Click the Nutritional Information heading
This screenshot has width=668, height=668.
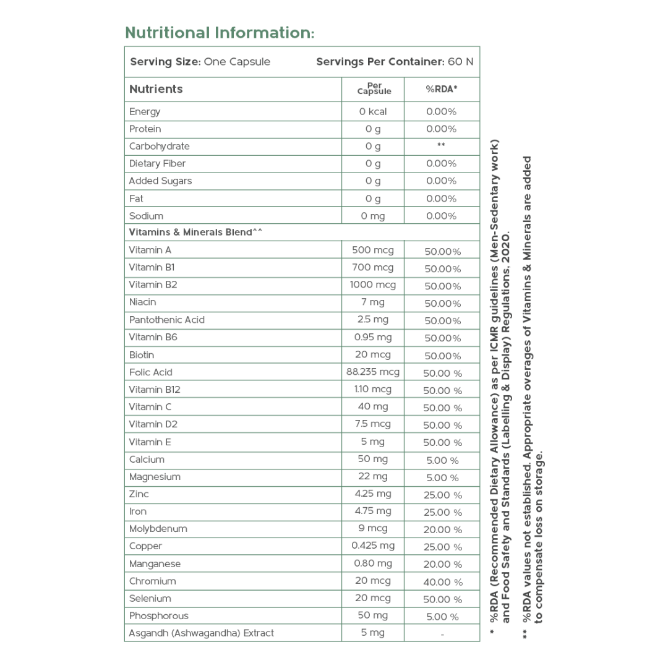click(220, 32)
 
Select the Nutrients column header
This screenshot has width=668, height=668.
click(156, 89)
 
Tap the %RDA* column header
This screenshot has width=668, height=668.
click(442, 89)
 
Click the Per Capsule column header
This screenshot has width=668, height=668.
click(374, 88)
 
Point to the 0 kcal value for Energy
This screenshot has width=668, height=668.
click(373, 111)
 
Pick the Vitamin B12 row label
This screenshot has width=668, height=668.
click(155, 390)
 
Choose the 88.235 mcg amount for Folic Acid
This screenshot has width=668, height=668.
click(373, 372)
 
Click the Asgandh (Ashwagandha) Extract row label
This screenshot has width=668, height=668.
click(201, 633)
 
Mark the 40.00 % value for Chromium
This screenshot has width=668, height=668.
click(443, 582)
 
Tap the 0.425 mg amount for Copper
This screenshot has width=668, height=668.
click(373, 546)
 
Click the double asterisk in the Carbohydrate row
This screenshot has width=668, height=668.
click(442, 146)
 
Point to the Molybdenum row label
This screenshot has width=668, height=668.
click(158, 529)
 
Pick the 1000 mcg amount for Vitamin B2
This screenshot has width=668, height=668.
click(373, 285)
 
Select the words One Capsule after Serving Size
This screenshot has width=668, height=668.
click(237, 62)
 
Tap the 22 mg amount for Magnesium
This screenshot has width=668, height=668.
click(373, 476)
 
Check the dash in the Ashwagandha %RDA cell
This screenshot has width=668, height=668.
click(443, 634)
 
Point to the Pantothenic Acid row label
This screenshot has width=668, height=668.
click(166, 320)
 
